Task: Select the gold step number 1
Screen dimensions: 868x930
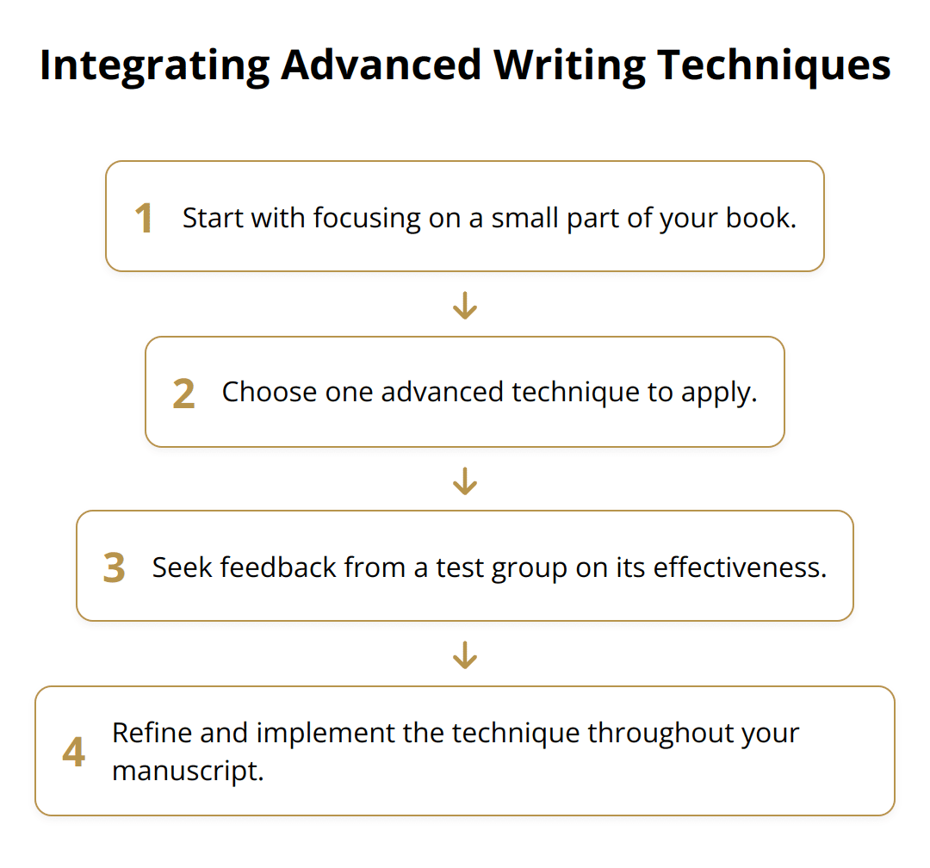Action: pos(144,219)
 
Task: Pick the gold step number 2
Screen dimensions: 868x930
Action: pos(183,394)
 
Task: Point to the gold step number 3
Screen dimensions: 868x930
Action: pos(114,568)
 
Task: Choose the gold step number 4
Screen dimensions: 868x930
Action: pos(74,753)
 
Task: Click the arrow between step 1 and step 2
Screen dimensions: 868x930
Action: pos(465,305)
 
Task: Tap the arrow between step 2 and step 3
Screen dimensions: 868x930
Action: pos(465,480)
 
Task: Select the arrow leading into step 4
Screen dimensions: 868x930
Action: pos(465,655)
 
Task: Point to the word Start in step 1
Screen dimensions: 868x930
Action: pos(211,219)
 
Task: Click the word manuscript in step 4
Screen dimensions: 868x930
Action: pos(186,771)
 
